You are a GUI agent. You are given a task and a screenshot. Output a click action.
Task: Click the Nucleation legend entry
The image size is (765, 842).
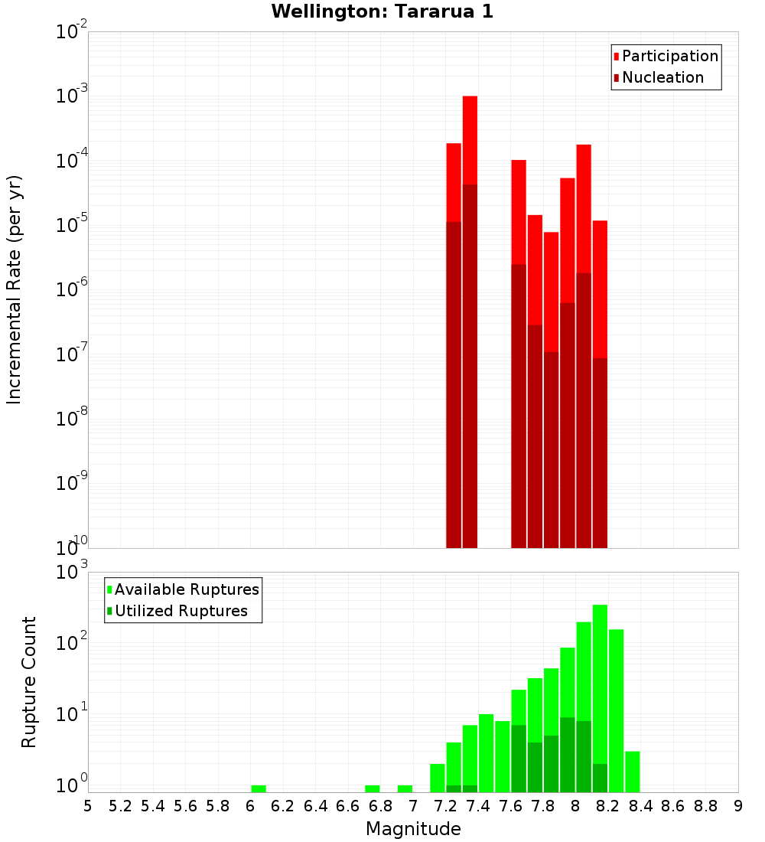[662, 77]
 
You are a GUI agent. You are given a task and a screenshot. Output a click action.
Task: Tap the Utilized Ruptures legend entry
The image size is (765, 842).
[181, 611]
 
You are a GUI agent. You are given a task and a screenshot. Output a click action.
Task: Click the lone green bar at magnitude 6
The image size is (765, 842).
[259, 788]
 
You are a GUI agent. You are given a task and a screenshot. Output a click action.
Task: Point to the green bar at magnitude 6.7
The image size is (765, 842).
[373, 788]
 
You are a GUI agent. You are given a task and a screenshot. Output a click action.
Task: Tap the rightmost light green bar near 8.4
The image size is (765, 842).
[633, 772]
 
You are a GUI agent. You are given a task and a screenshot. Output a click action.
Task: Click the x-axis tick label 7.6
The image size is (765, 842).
[511, 806]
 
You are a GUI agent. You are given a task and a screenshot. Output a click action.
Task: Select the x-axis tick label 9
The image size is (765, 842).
[737, 806]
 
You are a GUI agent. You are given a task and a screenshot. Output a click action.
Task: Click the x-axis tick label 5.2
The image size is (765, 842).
[120, 806]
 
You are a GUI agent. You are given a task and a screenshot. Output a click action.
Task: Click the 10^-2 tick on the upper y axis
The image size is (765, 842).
[71, 32]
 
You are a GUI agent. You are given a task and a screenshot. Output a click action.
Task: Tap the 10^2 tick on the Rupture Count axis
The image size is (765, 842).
[71, 643]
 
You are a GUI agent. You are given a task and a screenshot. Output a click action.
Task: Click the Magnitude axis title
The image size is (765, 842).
[413, 829]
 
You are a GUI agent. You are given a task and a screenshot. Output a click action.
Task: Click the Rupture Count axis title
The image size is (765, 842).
[29, 682]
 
